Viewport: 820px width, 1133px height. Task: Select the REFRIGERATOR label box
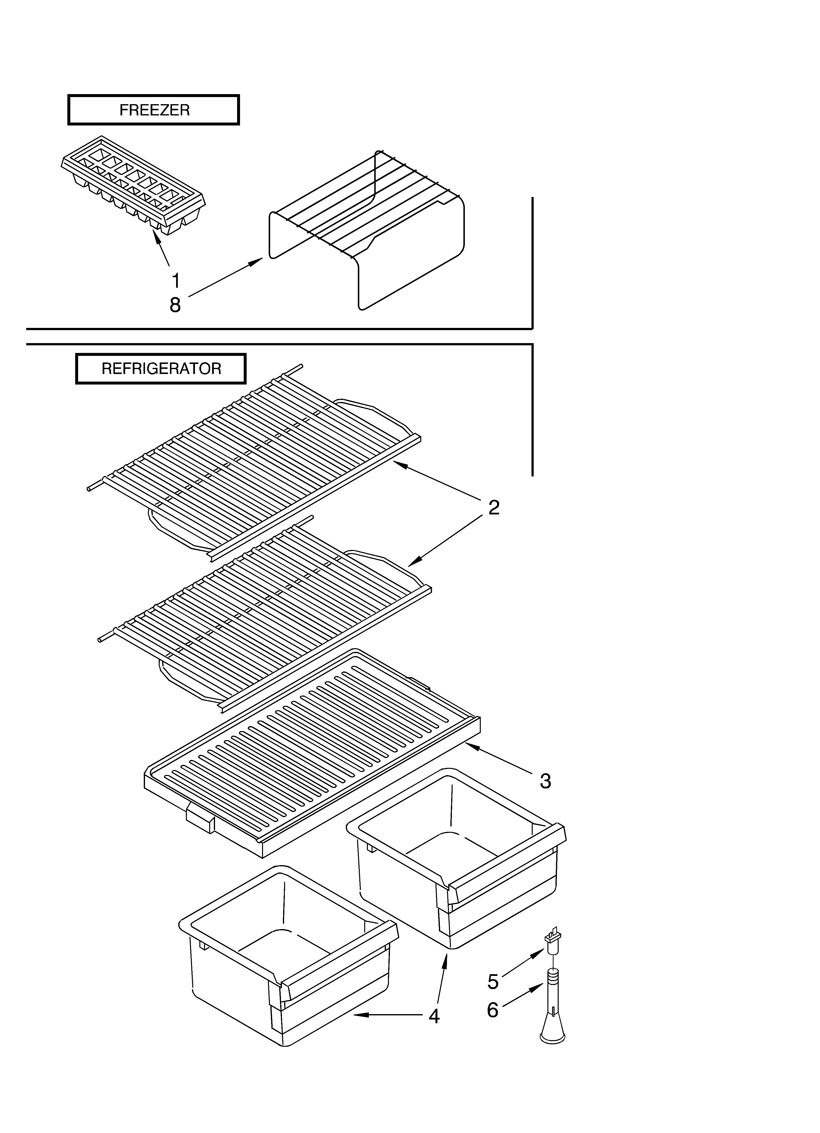(x=161, y=369)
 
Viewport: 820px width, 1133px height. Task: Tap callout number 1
(x=175, y=281)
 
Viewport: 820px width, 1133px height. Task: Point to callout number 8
(x=175, y=305)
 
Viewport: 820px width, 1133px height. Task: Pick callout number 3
(x=545, y=781)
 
